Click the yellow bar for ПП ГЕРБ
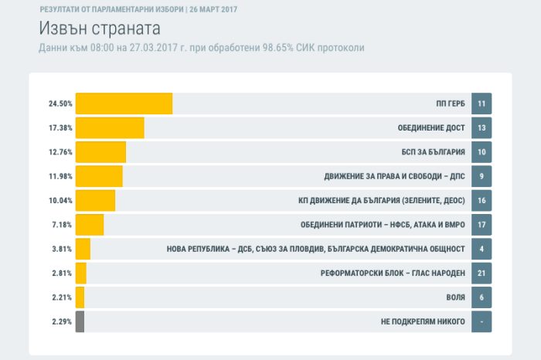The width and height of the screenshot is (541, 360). (x=124, y=104)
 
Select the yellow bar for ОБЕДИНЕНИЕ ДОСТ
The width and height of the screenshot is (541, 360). (x=110, y=127)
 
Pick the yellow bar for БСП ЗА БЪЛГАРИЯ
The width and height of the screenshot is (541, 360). (x=100, y=152)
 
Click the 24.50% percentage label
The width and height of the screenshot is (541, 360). (x=60, y=104)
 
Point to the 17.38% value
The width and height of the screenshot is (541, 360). (x=60, y=127)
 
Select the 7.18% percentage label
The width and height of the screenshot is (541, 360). (x=62, y=226)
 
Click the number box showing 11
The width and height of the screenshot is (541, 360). (x=481, y=104)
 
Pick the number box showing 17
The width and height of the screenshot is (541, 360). (x=481, y=226)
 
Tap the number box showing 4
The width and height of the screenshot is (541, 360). (x=481, y=250)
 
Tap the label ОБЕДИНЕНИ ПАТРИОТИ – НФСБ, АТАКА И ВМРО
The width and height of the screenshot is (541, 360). (x=383, y=226)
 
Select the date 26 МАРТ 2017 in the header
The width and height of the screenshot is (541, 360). (x=208, y=9)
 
